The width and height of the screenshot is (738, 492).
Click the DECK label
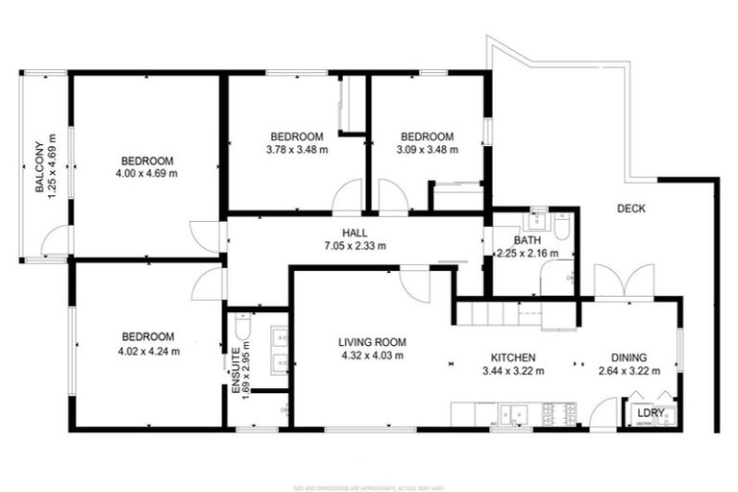click(x=630, y=209)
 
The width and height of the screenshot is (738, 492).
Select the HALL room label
click(x=356, y=233)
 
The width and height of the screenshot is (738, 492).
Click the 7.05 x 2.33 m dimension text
click(x=356, y=246)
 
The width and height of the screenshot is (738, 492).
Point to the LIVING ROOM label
click(x=372, y=342)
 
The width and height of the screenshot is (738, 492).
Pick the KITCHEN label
click(x=513, y=357)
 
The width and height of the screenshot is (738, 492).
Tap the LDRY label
click(x=650, y=414)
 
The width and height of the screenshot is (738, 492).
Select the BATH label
click(x=527, y=240)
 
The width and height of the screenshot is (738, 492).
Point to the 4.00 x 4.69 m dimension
click(x=147, y=174)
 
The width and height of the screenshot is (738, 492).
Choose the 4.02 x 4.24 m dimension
click(x=148, y=351)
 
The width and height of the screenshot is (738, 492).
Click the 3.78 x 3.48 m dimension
click(x=296, y=150)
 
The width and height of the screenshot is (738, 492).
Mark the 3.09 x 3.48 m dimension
click(x=427, y=150)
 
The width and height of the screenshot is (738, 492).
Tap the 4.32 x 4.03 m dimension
click(x=372, y=356)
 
